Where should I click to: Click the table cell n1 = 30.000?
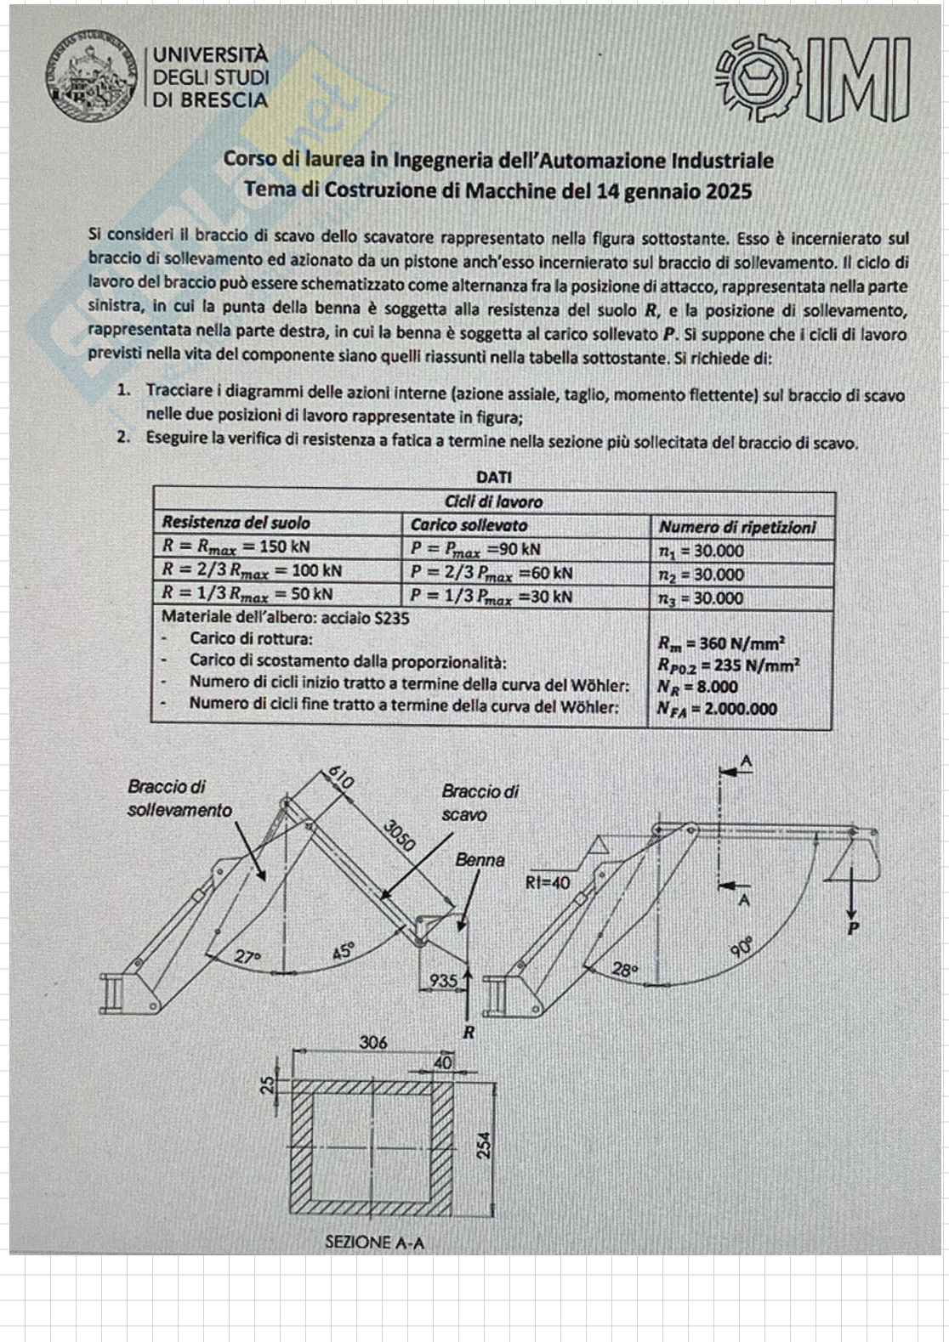[702, 551]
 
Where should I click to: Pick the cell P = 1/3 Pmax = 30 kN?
[491, 597]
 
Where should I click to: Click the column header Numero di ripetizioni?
[737, 527]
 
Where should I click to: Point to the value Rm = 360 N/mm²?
[720, 643]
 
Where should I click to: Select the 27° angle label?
[247, 956]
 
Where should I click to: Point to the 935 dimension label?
[443, 981]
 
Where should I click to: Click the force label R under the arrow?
[467, 1033]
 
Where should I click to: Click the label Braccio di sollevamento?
[179, 799]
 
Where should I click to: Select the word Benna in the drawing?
[480, 860]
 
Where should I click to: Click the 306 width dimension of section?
[372, 1042]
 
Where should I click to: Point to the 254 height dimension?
[484, 1146]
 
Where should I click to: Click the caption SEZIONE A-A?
[375, 1243]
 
